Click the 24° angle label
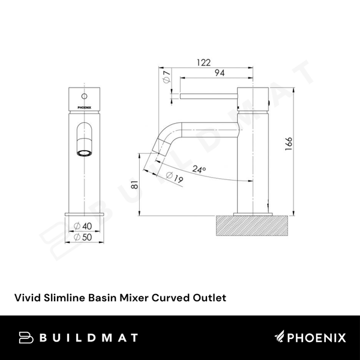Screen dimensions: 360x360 [200, 170]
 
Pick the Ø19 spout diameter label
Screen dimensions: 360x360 [175, 178]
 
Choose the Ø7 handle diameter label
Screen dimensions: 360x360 [167, 77]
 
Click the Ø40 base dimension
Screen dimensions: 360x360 [84, 226]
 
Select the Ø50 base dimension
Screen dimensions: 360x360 [84, 236]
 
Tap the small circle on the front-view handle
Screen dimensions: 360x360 [84, 95]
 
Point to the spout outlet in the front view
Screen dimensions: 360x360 [85, 153]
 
